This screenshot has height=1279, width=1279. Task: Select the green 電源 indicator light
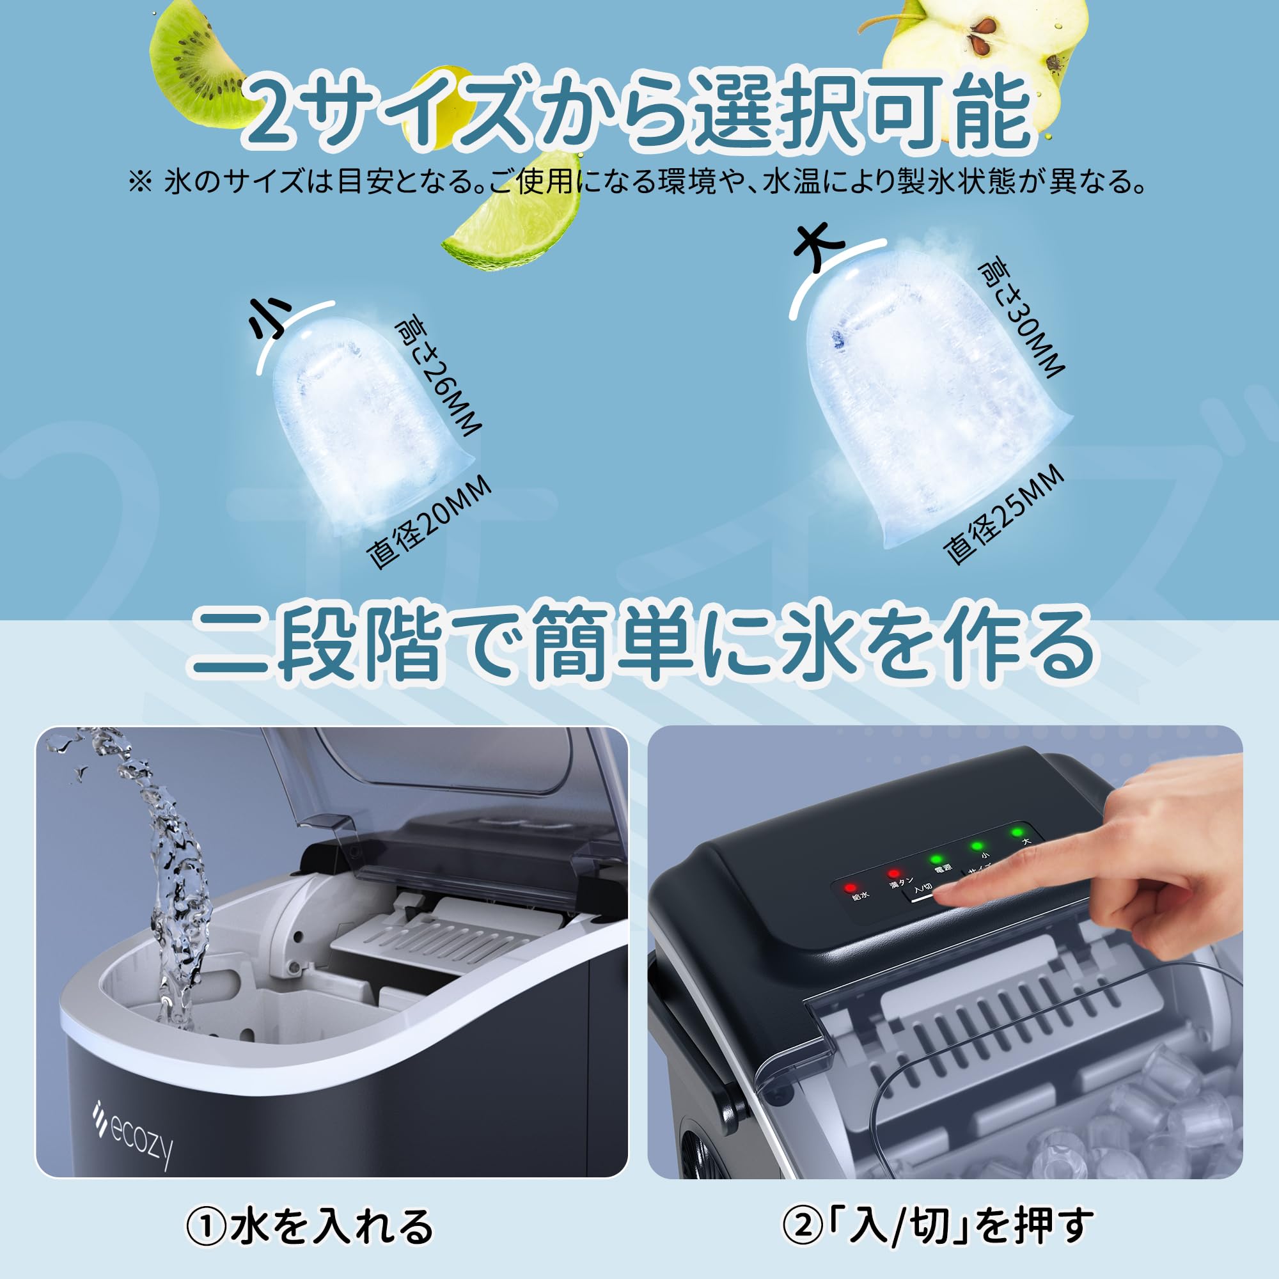tap(936, 859)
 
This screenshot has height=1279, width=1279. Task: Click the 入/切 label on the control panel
tap(922, 888)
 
